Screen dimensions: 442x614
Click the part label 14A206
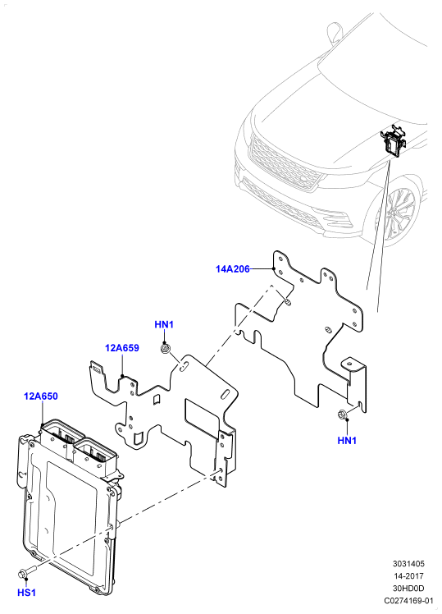pos(232,269)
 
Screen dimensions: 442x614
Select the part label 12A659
pos(121,348)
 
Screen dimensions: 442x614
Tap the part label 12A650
pos(41,396)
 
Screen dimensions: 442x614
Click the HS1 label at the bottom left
pos(26,593)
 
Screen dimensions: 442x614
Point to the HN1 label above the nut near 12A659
pos(164,324)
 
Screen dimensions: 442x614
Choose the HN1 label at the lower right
pos(347,441)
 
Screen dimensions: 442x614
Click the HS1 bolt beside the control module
pos(27,572)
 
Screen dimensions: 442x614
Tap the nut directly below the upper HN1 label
pos(165,348)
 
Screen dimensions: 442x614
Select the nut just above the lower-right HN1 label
pos(341,415)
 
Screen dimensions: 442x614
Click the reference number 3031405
pos(408,564)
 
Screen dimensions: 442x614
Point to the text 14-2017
pos(408,576)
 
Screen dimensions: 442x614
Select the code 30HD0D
pos(408,589)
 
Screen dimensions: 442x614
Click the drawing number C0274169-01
pos(408,601)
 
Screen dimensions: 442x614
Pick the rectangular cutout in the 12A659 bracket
pos(203,418)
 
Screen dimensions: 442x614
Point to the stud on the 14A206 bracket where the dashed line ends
pos(287,301)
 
